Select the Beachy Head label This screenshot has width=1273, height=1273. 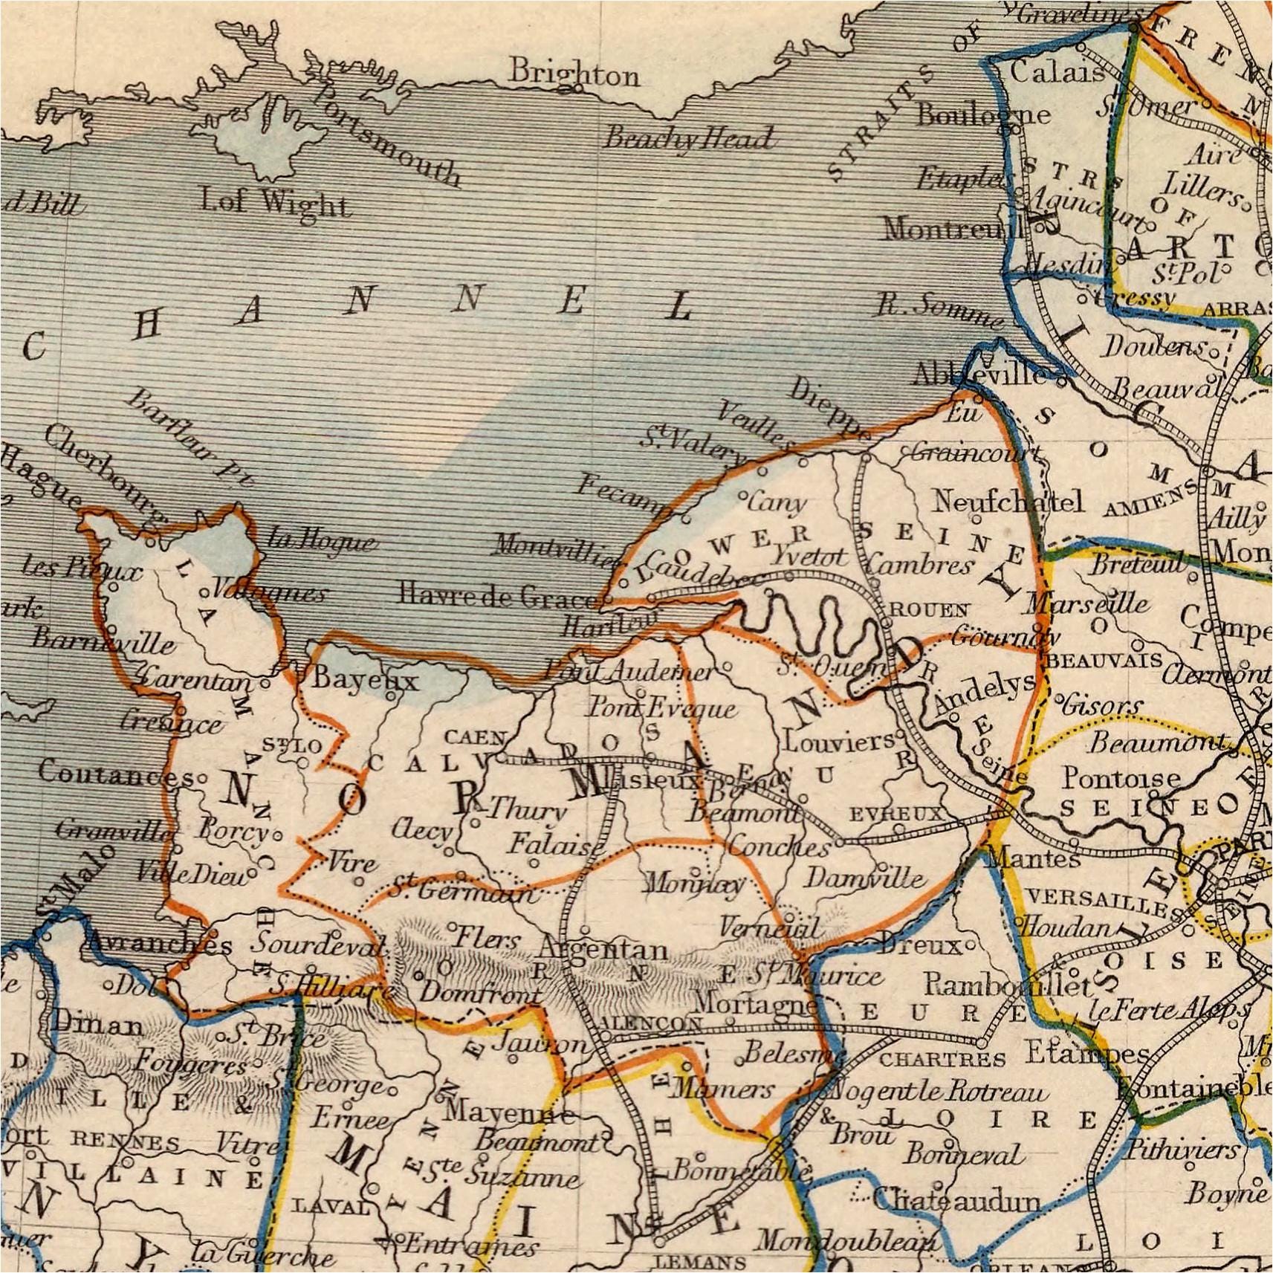pyautogui.click(x=687, y=138)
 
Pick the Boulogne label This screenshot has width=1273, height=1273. pyautogui.click(x=983, y=114)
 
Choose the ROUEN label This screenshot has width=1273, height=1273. pyautogui.click(x=929, y=610)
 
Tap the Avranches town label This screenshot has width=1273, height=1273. pyautogui.click(x=159, y=944)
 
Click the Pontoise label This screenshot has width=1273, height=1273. pyautogui.click(x=1121, y=778)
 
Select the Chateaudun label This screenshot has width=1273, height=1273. pyautogui.click(x=956, y=1199)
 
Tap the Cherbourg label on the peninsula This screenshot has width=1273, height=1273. pyautogui.click(x=104, y=476)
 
